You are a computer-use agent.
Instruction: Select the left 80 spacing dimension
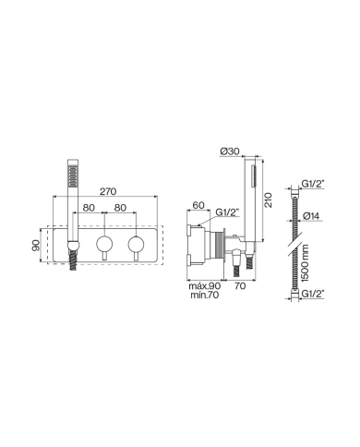89,207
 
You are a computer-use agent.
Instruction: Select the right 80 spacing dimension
121,207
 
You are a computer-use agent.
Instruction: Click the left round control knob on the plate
104,246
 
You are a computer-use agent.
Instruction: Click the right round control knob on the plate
138,246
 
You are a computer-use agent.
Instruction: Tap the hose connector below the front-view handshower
69,262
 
